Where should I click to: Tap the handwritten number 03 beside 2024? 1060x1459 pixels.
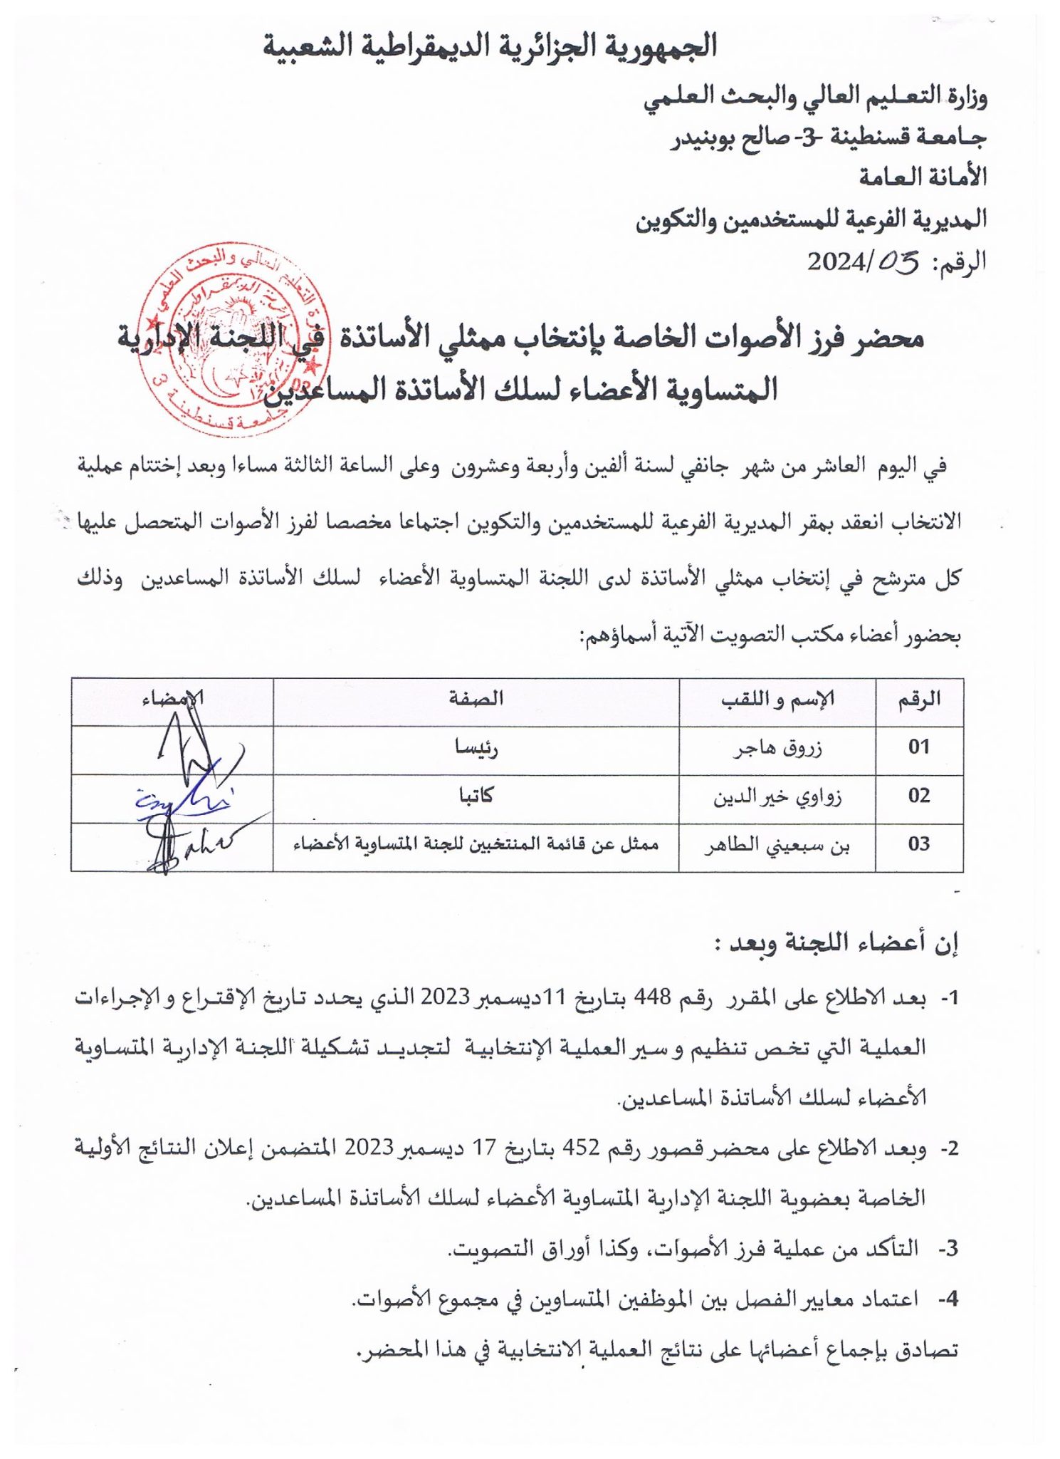pyautogui.click(x=898, y=262)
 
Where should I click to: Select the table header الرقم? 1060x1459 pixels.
pyautogui.click(x=919, y=700)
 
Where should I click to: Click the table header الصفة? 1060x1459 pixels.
pyautogui.click(x=476, y=699)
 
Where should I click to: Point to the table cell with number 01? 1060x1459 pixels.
pyautogui.click(x=919, y=747)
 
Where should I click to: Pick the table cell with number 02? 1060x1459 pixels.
pyautogui.click(x=919, y=796)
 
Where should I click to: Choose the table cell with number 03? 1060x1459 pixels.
pyautogui.click(x=919, y=844)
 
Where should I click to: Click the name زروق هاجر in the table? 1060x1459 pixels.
pyautogui.click(x=778, y=748)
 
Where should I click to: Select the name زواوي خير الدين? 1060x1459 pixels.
pyautogui.click(x=777, y=796)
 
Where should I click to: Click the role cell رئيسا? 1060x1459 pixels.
pyautogui.click(x=476, y=748)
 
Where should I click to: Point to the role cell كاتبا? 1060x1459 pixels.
pyautogui.click(x=476, y=796)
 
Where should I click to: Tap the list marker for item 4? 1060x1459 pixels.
pyautogui.click(x=947, y=1299)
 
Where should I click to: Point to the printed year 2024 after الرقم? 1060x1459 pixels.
pyautogui.click(x=835, y=262)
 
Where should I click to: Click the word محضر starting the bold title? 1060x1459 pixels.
pyautogui.click(x=889, y=338)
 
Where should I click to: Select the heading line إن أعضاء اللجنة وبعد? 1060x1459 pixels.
pyautogui.click(x=837, y=943)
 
